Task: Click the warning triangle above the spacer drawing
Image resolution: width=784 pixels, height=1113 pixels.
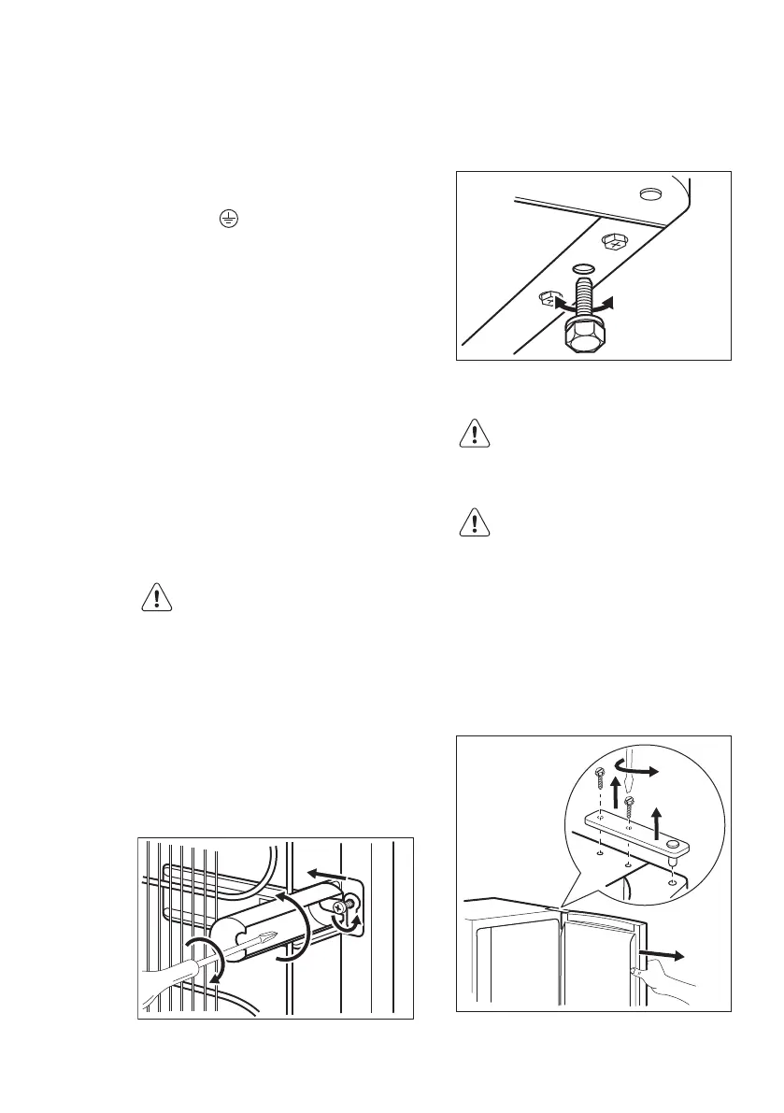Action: (x=155, y=598)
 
